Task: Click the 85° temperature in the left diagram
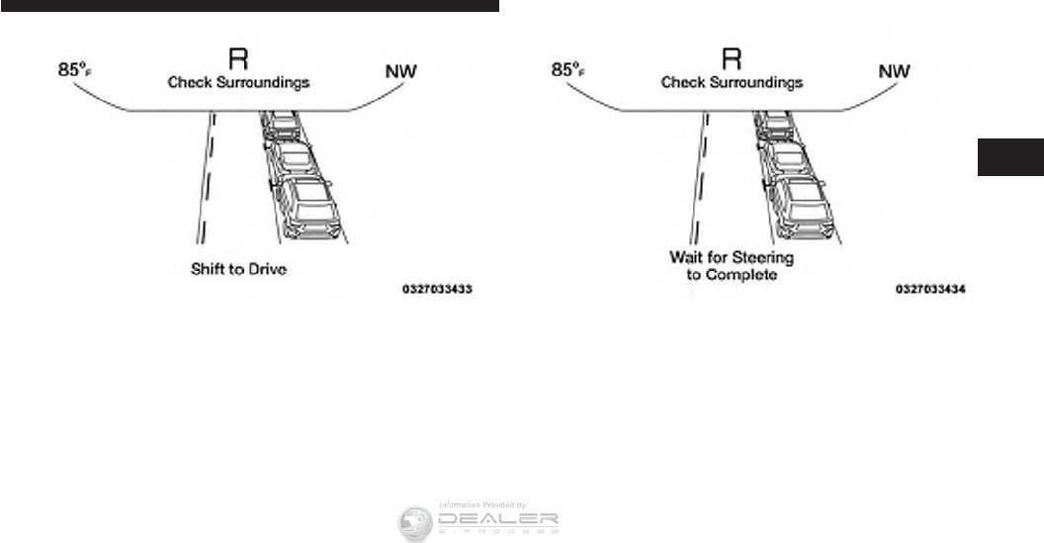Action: tap(76, 71)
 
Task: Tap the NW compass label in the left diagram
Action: tap(400, 71)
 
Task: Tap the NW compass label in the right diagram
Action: tap(895, 71)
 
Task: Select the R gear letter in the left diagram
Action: tap(237, 57)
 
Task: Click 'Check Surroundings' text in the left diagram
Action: tap(238, 82)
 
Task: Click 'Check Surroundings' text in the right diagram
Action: tap(733, 82)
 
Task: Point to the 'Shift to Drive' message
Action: tap(238, 269)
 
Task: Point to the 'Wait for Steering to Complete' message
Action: tap(732, 266)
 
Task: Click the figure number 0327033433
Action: tap(436, 291)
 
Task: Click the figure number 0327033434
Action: tap(930, 291)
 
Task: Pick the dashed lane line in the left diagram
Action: tap(205, 188)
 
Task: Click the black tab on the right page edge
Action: tap(1010, 158)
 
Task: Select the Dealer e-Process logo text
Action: tap(498, 521)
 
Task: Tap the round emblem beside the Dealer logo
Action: tap(415, 523)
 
